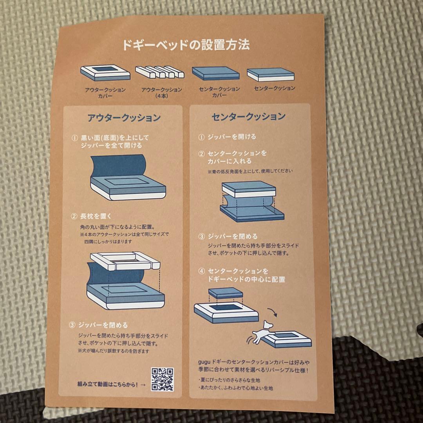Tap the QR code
[162, 380]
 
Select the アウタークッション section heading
[124, 117]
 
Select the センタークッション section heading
[248, 116]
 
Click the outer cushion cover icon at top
[105, 72]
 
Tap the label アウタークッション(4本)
[161, 92]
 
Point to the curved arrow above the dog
[272, 313]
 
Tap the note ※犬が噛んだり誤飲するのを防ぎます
[114, 351]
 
